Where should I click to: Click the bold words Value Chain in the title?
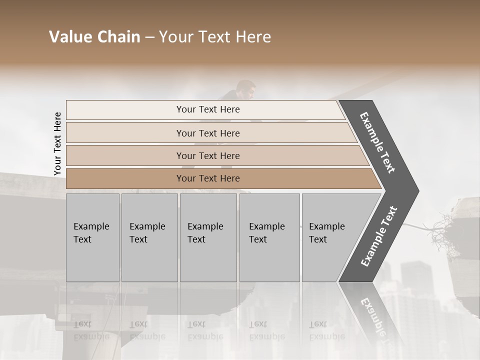94,37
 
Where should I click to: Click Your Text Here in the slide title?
215,37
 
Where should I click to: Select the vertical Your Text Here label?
57,144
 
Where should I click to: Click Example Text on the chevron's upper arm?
377,142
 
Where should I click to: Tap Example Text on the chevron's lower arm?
378,236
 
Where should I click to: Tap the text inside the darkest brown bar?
208,178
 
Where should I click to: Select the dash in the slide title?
149,37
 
